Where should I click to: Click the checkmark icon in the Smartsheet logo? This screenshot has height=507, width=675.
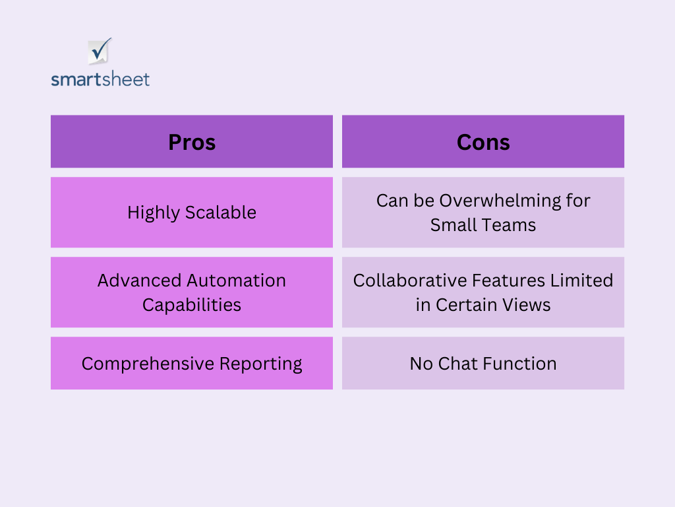coord(100,51)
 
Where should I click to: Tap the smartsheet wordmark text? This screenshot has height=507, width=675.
coord(100,79)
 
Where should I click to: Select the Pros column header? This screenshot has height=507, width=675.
coord(192,141)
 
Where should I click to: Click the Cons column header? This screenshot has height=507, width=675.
coord(483,141)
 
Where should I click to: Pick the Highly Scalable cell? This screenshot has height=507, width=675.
coord(192,212)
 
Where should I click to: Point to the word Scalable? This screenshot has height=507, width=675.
coord(221,212)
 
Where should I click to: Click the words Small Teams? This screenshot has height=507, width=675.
coord(483,225)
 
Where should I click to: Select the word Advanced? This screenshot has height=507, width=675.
coord(133,281)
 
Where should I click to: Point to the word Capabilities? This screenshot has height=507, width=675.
coord(192,306)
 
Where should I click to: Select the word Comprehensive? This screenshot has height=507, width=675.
coord(148,364)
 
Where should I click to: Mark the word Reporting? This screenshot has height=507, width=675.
coord(260,364)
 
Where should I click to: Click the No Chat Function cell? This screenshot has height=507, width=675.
coord(483,363)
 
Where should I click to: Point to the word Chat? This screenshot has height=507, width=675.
coord(457,364)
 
